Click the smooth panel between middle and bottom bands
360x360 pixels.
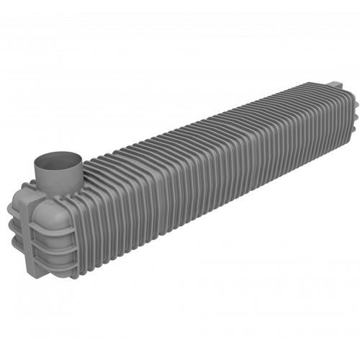(x=56, y=251)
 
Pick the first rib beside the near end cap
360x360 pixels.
(x=81, y=216)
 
